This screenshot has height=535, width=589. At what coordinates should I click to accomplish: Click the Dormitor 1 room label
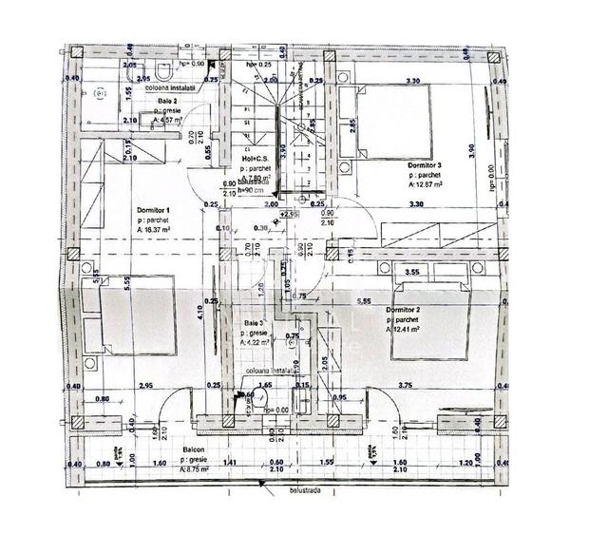pyautogui.click(x=153, y=209)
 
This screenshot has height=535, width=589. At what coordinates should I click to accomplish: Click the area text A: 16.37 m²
pyautogui.click(x=158, y=230)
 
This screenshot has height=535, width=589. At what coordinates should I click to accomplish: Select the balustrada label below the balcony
pyautogui.click(x=282, y=492)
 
